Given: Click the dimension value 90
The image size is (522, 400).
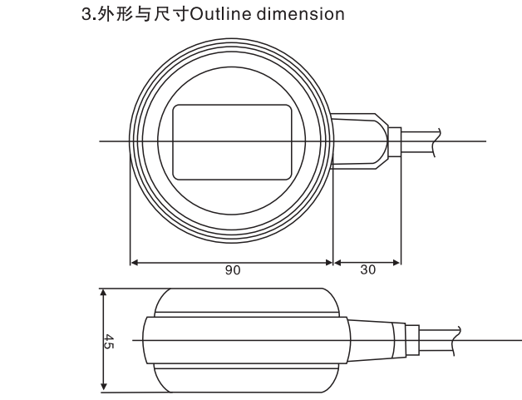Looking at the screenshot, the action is pyautogui.click(x=233, y=270).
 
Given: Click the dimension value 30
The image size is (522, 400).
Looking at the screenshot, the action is pyautogui.click(x=368, y=269).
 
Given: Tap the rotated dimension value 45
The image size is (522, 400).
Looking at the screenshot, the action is pyautogui.click(x=109, y=342).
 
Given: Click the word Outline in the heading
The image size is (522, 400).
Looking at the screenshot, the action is pyautogui.click(x=221, y=14).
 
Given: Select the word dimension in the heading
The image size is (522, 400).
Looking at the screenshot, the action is pyautogui.click(x=301, y=14).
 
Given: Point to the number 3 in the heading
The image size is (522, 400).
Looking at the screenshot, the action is pyautogui.click(x=86, y=14).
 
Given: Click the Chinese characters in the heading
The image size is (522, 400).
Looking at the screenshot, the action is pyautogui.click(x=143, y=15).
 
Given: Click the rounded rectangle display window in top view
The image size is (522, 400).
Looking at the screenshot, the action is pyautogui.click(x=232, y=142).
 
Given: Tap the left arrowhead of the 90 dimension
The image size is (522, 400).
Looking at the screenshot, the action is pyautogui.click(x=134, y=263).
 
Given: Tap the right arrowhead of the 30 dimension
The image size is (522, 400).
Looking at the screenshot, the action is pyautogui.click(x=396, y=263).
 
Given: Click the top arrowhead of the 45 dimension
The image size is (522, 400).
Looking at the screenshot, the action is pyautogui.click(x=104, y=293).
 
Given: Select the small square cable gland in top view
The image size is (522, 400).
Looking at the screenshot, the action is pyautogui.click(x=395, y=142).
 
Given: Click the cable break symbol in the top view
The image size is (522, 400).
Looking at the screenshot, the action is pyautogui.click(x=436, y=142).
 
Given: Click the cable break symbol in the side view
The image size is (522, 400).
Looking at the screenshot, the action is pyautogui.click(x=457, y=341).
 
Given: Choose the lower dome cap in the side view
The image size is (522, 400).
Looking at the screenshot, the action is pyautogui.click(x=246, y=378).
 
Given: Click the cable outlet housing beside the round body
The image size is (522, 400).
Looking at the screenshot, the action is pyautogui.click(x=360, y=141).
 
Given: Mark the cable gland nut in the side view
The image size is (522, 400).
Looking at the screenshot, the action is pyautogui.click(x=411, y=340).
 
